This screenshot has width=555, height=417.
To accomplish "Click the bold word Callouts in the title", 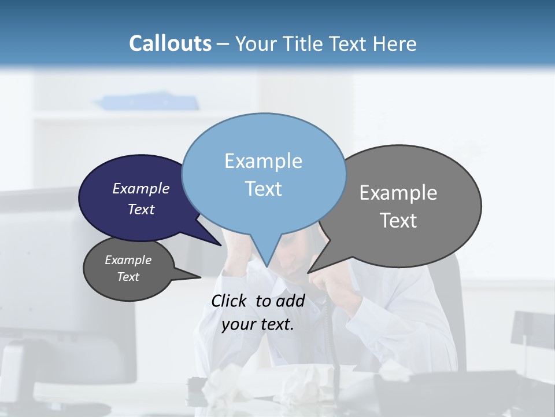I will point(170,43).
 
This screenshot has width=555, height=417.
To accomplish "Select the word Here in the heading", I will point(393,43).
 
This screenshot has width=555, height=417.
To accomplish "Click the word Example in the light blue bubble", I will point(263,161).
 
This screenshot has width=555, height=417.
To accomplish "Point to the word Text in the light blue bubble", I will point(263,189).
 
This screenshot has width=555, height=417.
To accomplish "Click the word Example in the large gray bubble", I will point(398,193).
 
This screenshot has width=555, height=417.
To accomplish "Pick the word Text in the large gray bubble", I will point(398,221).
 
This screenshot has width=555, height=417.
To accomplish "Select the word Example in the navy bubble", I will point(141,189).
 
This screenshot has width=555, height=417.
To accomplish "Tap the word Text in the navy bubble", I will point(141,209).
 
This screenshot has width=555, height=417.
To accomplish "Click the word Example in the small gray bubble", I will point(128,260).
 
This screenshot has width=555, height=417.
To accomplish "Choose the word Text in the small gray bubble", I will point(128,277).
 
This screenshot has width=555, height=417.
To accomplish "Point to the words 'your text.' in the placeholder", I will point(258,325).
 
